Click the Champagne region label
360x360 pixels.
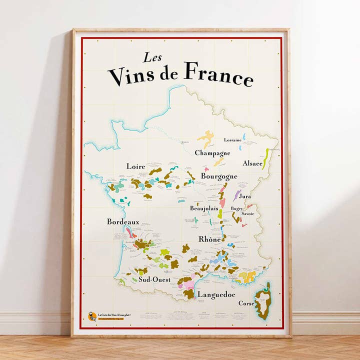[212, 153]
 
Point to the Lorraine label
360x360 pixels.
[232, 140]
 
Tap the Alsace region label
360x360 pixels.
[252, 163]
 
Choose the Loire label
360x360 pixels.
[136, 166]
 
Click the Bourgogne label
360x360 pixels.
[219, 176]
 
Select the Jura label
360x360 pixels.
[245, 196]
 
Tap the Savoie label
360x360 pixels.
[248, 214]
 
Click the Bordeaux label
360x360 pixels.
[122, 221]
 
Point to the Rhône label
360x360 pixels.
[209, 239]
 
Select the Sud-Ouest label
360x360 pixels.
[154, 279]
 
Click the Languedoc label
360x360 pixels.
[215, 295]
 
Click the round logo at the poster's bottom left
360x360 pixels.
[92, 316]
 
